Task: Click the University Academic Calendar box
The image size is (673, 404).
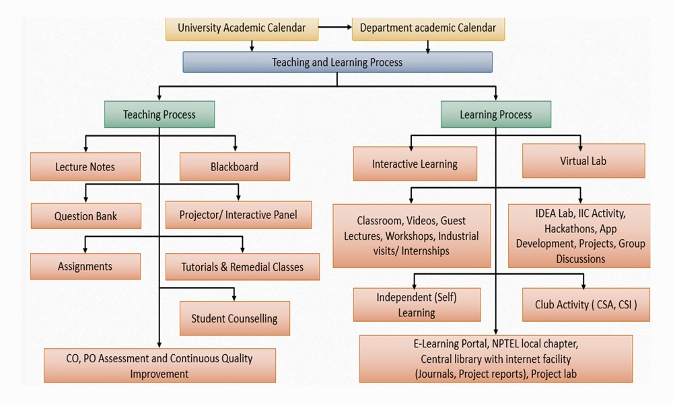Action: point(242,28)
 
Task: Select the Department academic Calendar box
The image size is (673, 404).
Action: point(428,28)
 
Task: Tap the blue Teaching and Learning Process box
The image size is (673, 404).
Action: point(337,62)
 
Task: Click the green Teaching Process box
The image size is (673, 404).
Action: point(160,114)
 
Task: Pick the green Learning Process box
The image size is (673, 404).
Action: point(496,114)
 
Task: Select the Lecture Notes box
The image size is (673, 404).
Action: point(85,166)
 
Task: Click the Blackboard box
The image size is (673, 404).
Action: point(234,166)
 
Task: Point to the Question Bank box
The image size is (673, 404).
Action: point(85,216)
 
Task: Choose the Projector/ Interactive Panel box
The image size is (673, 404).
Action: point(238,215)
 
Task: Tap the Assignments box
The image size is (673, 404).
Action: point(85,266)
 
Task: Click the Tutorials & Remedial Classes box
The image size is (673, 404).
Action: point(242,267)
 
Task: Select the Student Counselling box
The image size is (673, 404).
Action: point(234,318)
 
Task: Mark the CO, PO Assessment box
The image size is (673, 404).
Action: point(160,365)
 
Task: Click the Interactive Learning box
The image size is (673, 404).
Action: point(415,164)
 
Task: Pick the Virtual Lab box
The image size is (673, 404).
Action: point(583,161)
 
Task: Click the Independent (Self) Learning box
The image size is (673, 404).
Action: point(417,304)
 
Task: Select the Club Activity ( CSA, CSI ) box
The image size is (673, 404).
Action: point(586,304)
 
